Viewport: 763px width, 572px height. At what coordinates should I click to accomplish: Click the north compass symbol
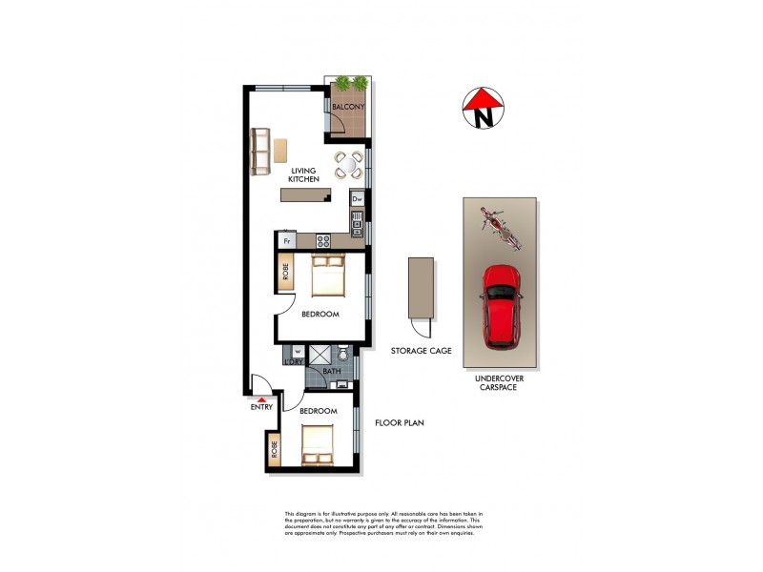[x=484, y=109]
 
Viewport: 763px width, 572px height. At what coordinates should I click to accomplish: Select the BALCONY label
[x=348, y=107]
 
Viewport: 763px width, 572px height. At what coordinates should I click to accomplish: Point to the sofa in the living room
[x=259, y=152]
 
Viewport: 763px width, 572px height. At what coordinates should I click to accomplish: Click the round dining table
[x=348, y=167]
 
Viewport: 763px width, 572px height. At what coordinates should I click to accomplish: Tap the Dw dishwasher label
[x=357, y=200]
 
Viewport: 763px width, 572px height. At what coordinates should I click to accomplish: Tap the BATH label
[x=331, y=371]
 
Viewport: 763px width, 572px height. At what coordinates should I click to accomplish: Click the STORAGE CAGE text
[x=421, y=351]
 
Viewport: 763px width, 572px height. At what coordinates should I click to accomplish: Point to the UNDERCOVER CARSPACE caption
[x=501, y=383]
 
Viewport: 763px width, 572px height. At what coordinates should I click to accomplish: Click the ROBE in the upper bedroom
[x=285, y=275]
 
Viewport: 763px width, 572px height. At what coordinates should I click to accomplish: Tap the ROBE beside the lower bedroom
[x=275, y=449]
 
